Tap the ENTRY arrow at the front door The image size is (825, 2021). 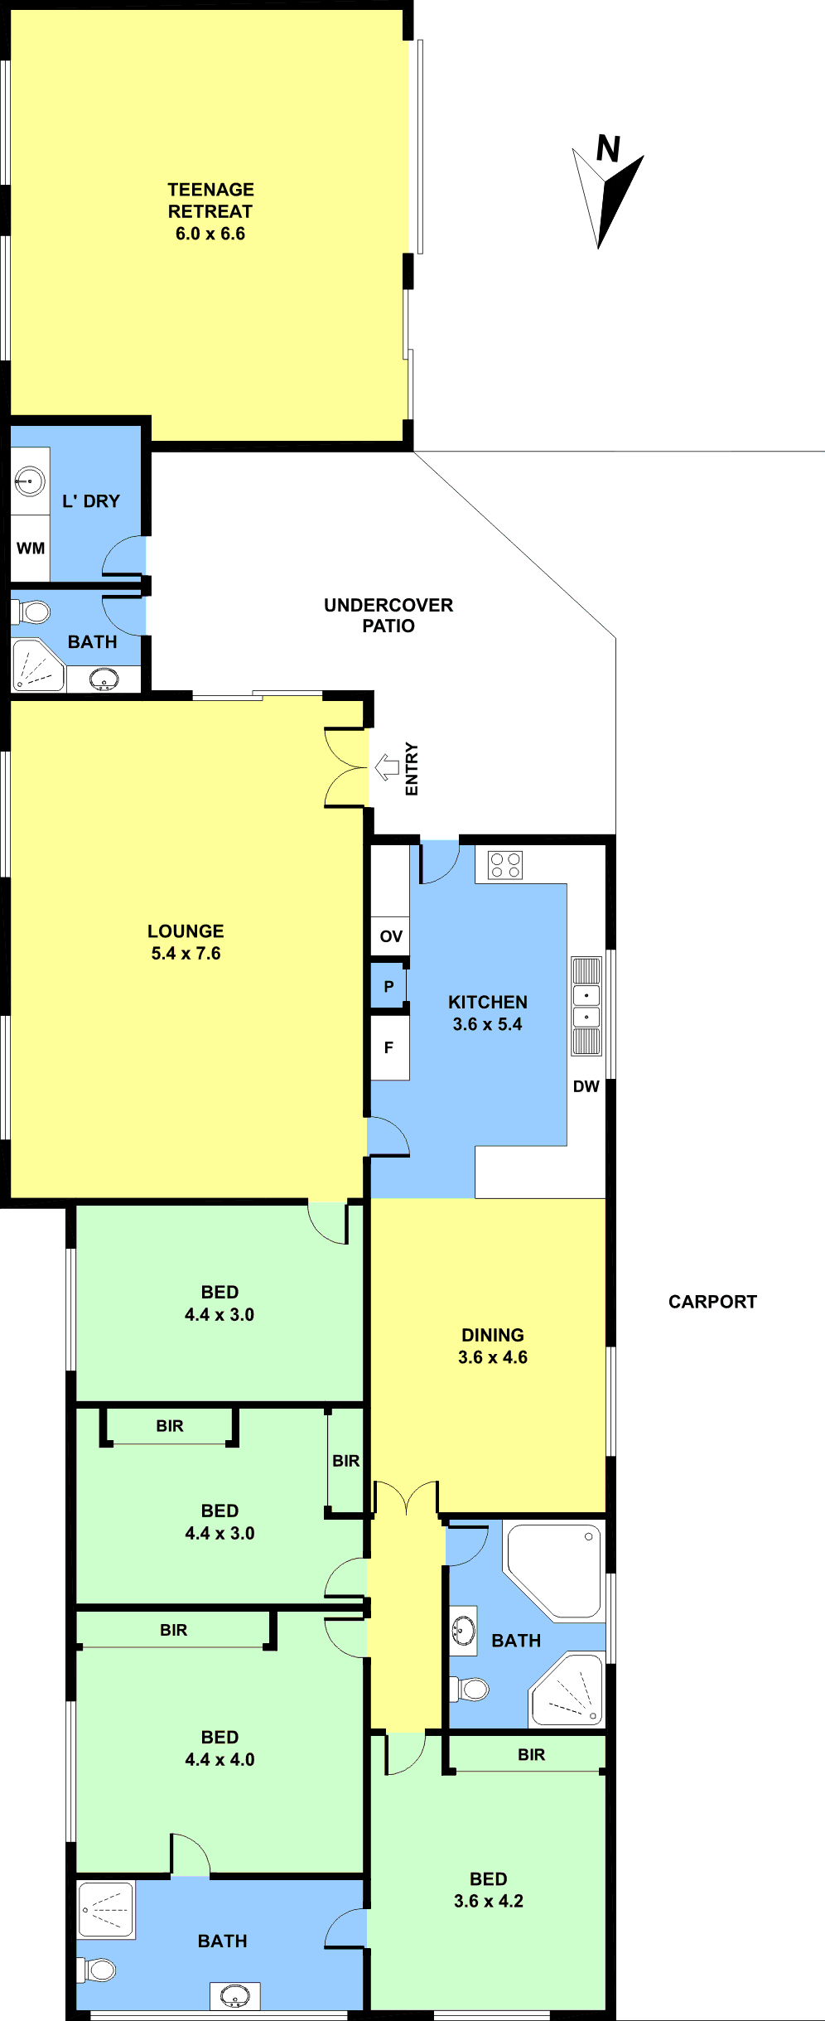[387, 767]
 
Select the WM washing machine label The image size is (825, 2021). [31, 548]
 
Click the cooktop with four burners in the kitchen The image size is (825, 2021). [505, 865]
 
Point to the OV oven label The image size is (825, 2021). [391, 936]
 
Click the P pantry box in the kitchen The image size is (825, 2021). [388, 986]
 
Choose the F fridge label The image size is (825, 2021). [388, 1047]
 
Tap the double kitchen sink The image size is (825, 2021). [586, 1006]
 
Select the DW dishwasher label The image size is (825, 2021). [586, 1086]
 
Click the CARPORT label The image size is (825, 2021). [712, 1302]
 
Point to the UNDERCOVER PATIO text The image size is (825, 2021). [388, 616]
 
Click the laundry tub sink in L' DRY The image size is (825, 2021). [30, 481]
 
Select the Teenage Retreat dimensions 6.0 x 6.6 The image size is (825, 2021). [210, 234]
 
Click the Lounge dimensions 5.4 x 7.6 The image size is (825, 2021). [186, 954]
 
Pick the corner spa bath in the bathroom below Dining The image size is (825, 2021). [553, 1570]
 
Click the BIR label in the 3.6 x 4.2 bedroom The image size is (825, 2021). [532, 1755]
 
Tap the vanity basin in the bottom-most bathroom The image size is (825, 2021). [235, 1995]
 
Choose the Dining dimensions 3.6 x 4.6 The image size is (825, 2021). [493, 1357]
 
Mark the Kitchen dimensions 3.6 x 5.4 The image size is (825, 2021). [488, 1024]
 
